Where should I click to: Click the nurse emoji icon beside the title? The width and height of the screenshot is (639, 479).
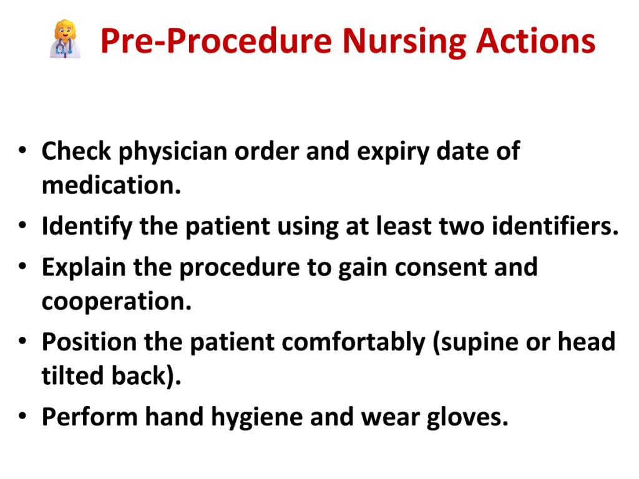(x=65, y=39)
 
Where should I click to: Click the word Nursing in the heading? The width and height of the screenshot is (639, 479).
(x=404, y=42)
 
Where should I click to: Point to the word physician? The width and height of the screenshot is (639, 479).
(x=173, y=152)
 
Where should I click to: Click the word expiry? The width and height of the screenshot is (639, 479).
(x=393, y=152)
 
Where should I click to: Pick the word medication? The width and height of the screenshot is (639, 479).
(x=111, y=185)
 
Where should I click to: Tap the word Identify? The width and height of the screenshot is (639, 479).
(x=87, y=227)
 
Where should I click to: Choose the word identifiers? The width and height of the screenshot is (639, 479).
(x=555, y=226)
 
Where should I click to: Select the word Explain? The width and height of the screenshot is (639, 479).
(x=84, y=268)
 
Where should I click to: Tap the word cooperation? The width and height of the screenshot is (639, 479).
(x=117, y=302)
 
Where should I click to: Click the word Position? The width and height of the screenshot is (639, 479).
(x=89, y=342)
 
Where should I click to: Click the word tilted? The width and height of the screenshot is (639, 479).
(x=72, y=375)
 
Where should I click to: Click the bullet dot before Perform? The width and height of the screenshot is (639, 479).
(x=22, y=416)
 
